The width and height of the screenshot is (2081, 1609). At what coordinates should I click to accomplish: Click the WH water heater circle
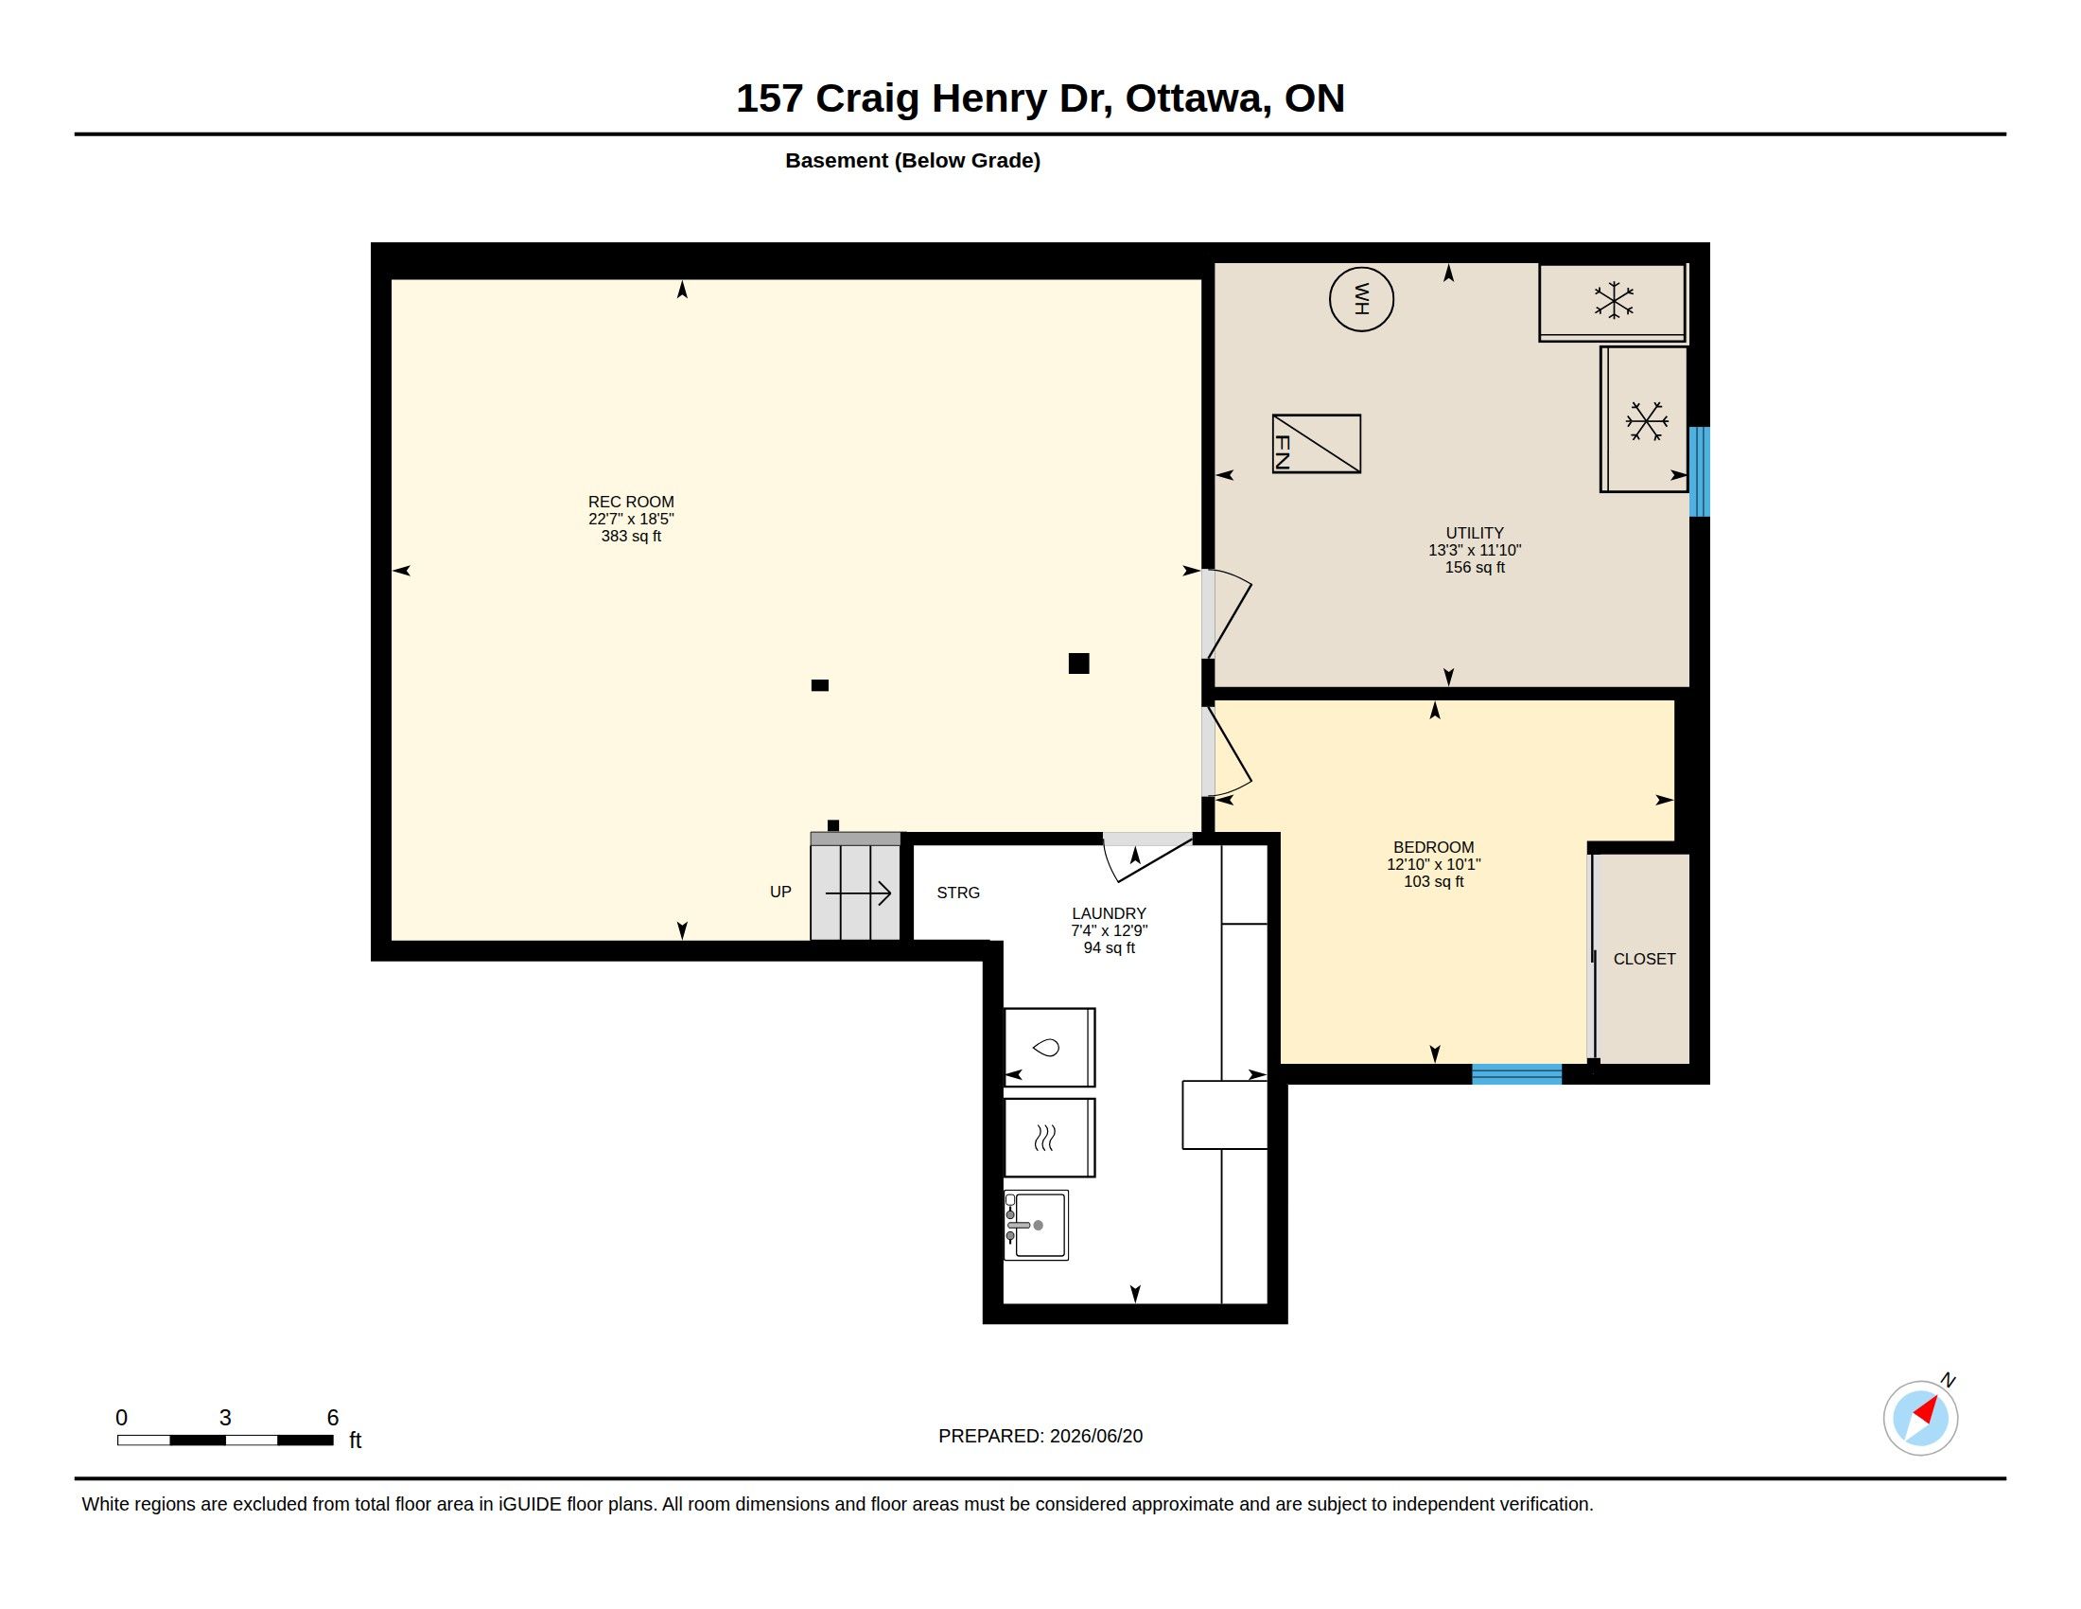(1360, 299)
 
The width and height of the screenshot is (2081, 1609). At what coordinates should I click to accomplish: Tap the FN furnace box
(1316, 443)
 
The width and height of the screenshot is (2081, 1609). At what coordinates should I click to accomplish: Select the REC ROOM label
(631, 502)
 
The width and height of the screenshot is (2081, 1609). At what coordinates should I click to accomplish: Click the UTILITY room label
(1474, 533)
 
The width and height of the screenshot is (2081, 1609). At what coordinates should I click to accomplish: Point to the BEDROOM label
(1433, 847)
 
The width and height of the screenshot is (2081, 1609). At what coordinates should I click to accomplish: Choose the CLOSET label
(1644, 959)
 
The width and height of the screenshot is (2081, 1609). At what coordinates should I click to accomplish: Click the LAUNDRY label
(1109, 913)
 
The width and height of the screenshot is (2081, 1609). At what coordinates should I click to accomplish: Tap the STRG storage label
(957, 893)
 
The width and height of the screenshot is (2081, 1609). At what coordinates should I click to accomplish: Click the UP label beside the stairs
(780, 892)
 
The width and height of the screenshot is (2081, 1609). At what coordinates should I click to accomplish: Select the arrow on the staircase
(858, 893)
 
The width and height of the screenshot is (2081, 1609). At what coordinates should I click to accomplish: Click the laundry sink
(1036, 1225)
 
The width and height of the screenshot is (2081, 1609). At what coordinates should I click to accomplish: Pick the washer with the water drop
(1049, 1047)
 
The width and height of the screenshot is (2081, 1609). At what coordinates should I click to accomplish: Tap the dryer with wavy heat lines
(1049, 1137)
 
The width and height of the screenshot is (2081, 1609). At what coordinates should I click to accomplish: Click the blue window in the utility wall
(1699, 472)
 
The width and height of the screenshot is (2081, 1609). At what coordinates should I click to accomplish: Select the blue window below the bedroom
(1516, 1074)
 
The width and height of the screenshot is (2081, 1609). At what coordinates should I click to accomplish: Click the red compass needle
(1928, 1410)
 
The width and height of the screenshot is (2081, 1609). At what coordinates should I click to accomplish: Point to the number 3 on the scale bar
(225, 1418)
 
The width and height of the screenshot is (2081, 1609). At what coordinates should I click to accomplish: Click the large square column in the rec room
(1078, 663)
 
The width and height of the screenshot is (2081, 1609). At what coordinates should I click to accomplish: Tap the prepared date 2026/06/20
(1095, 1436)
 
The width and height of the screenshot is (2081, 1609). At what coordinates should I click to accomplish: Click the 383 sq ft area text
(631, 536)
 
